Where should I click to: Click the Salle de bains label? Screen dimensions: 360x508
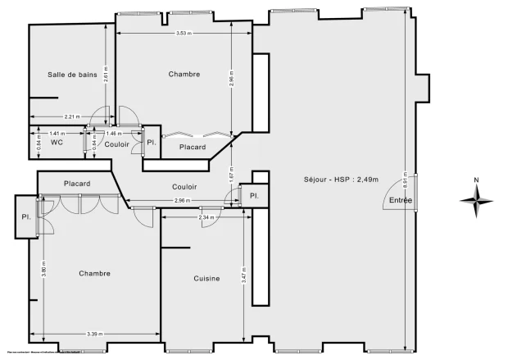pyautogui.click(x=73, y=75)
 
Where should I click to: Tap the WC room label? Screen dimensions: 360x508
pyautogui.click(x=57, y=143)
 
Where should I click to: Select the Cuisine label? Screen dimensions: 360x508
pyautogui.click(x=206, y=279)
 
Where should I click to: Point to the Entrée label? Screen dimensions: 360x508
pyautogui.click(x=401, y=200)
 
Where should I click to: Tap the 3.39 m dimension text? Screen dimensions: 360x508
pyautogui.click(x=95, y=334)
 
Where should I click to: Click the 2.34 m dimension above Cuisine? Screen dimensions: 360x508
pyautogui.click(x=206, y=217)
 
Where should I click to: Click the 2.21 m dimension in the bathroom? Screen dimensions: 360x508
pyautogui.click(x=71, y=117)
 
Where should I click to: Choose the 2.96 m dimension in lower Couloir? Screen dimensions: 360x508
pyautogui.click(x=182, y=201)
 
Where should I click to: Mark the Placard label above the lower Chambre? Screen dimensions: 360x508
pyautogui.click(x=77, y=184)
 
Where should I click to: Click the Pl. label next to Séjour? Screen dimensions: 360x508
pyautogui.click(x=254, y=196)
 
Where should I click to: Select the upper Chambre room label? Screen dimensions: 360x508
pyautogui.click(x=184, y=75)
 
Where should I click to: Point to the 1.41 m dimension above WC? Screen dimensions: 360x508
pyautogui.click(x=56, y=133)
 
